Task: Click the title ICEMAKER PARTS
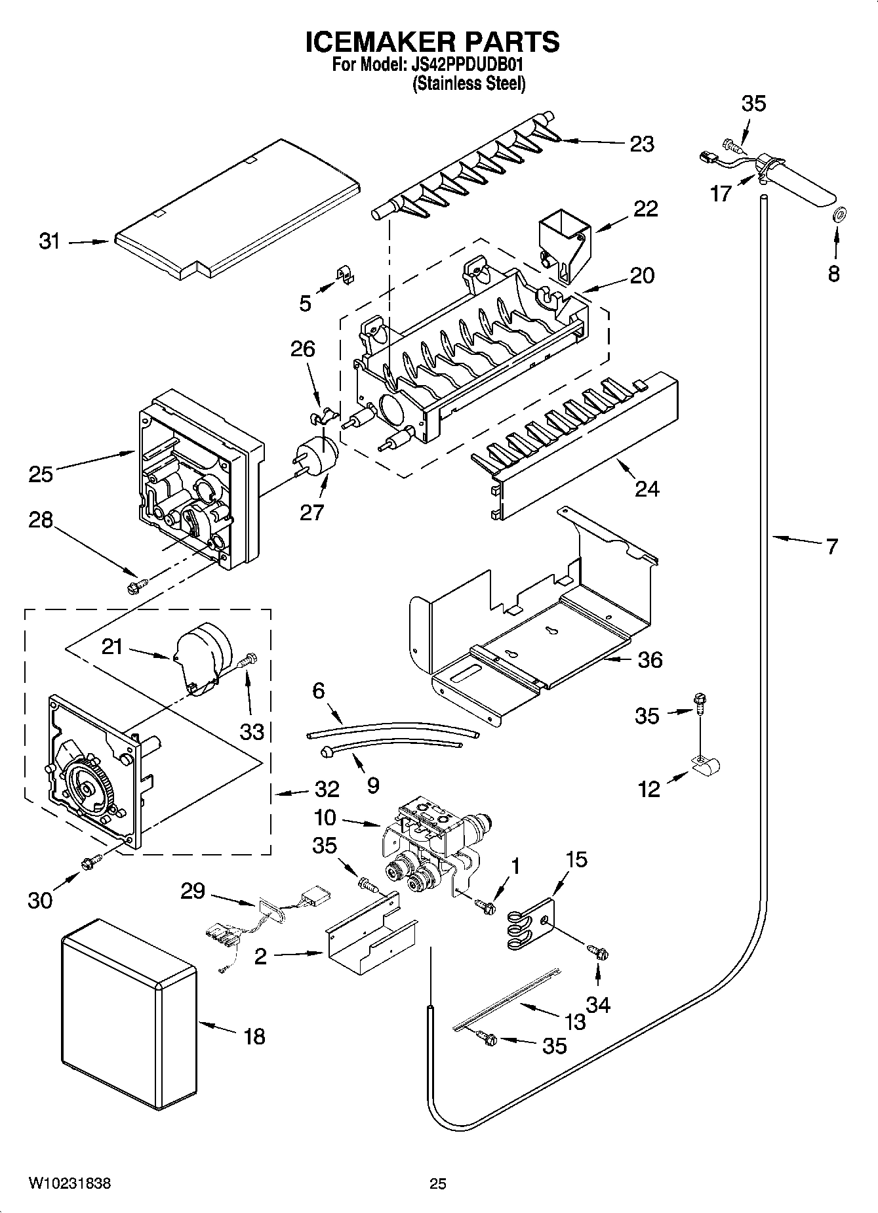point(433,41)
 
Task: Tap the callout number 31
point(49,241)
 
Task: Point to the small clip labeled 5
point(344,274)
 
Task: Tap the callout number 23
point(641,144)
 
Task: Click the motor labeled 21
point(201,657)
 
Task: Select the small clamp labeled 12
point(706,764)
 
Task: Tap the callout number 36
point(650,659)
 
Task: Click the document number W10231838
point(69,1183)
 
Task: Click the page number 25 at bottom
point(438,1183)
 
